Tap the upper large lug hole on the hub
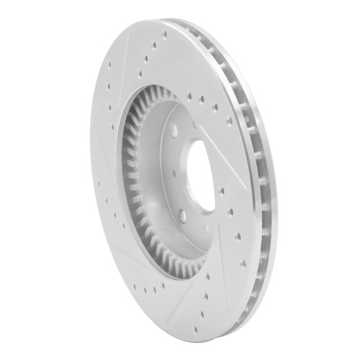click(x=174, y=131)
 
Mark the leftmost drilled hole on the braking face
click(x=98, y=183)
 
